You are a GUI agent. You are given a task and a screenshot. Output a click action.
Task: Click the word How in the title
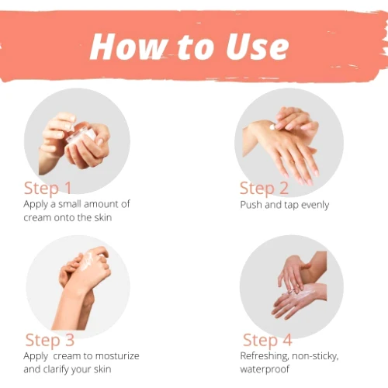pos(128,47)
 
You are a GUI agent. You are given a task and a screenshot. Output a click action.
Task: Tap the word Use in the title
pos(258,47)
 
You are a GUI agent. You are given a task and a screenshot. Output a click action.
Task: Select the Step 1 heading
pos(47,189)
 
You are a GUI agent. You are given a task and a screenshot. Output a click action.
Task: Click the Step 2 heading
pos(264,189)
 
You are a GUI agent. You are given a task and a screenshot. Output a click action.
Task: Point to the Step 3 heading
pos(50,341)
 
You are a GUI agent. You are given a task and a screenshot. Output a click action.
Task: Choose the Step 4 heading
pos(268,341)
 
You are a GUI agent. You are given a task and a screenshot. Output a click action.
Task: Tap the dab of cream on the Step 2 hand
pos(272,127)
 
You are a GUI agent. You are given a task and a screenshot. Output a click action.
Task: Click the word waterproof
pos(265,369)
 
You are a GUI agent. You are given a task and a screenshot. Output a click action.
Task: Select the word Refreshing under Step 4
pos(265,356)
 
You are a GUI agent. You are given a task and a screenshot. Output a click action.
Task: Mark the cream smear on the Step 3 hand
pos(87,262)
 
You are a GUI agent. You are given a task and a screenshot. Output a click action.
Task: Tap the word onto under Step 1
pos(64,217)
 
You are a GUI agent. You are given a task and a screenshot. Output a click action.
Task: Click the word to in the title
pos(196,47)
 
